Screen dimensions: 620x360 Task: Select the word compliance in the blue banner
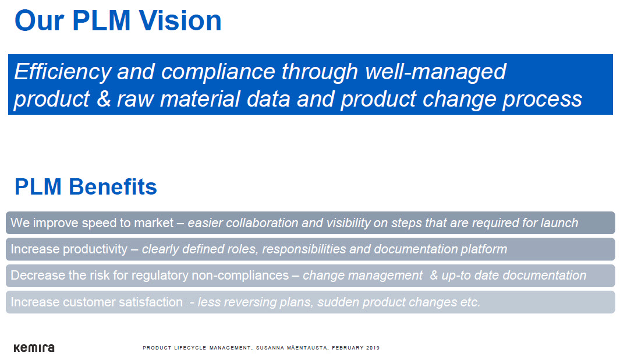(x=218, y=72)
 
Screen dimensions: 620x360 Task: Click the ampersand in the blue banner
(x=103, y=99)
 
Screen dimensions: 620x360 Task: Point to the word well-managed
(x=435, y=72)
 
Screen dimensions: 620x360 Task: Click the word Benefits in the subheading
(x=113, y=187)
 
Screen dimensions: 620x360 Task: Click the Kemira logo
(x=34, y=348)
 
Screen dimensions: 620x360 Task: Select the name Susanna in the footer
(x=270, y=348)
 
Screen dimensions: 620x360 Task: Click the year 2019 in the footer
(x=373, y=348)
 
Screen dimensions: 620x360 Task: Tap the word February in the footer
(x=348, y=348)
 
